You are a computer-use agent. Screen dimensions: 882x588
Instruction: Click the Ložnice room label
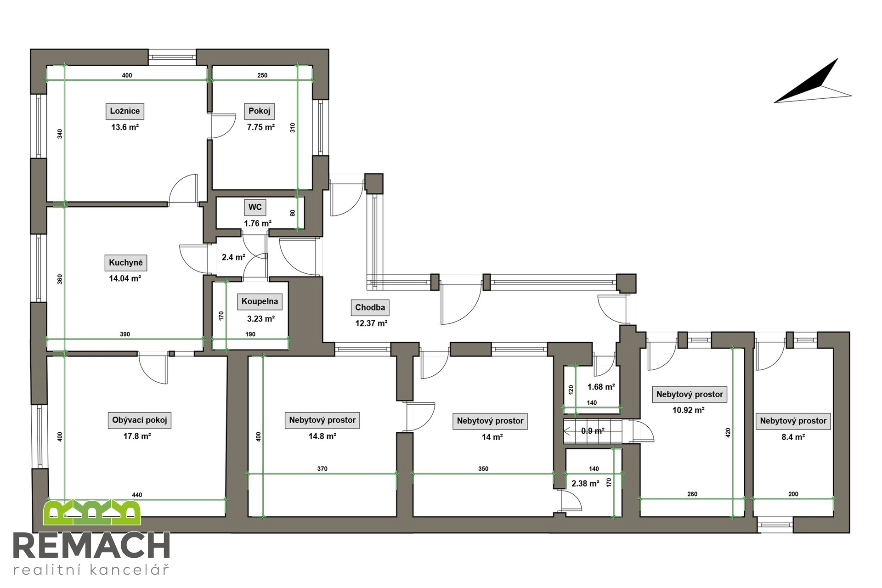coord(125,111)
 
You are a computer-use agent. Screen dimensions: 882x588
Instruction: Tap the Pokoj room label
coord(260,111)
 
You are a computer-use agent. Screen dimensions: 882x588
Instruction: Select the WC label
coord(255,207)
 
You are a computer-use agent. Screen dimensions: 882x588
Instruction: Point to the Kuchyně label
coord(126,263)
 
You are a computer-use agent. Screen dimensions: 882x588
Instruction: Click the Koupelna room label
coord(260,301)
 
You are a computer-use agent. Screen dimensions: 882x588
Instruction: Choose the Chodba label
coord(370,307)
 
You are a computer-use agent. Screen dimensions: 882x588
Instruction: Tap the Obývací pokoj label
coord(140,420)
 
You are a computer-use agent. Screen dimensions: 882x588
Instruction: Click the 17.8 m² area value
coord(137,436)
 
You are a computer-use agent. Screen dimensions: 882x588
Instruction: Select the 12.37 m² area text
coord(371,323)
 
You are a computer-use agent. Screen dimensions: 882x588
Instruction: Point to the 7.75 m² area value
coord(261,127)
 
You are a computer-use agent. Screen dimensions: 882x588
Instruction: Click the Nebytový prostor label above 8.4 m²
coord(793,421)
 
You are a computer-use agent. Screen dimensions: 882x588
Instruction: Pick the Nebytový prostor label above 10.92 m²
coord(690,394)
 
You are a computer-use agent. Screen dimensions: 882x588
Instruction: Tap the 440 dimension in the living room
coord(137,495)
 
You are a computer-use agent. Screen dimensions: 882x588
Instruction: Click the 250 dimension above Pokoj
coord(262,75)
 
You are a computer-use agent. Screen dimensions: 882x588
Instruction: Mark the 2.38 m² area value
coord(585,484)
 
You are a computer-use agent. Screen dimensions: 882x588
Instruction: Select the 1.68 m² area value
coord(601,387)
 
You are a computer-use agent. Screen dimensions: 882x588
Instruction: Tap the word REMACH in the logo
coord(91,546)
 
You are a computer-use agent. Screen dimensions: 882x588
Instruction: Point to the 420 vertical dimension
coord(728,432)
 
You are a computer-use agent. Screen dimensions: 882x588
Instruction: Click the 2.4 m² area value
coord(233,258)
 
